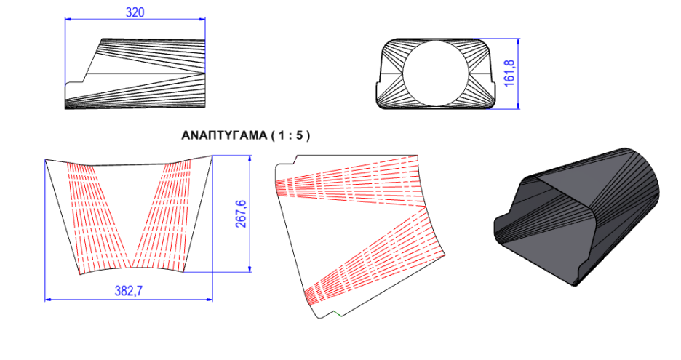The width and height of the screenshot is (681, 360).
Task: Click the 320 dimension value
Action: coord(135,12)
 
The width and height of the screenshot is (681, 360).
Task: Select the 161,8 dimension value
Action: coord(509,73)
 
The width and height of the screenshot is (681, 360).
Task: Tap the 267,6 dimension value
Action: coord(240,214)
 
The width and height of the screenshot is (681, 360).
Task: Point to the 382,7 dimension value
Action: coord(129,290)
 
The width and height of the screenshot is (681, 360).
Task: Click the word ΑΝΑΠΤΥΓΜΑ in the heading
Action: coord(224,135)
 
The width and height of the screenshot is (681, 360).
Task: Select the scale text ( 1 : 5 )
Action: coord(290,135)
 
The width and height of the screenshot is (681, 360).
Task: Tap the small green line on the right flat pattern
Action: coord(338,313)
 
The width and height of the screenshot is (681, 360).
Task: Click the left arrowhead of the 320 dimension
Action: coord(68,19)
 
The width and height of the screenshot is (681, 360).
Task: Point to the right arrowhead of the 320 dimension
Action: coord(202,19)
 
